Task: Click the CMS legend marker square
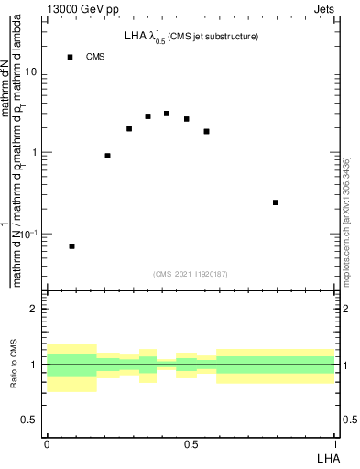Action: tap(71, 57)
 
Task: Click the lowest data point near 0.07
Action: tap(71, 246)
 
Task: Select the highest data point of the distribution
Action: tap(167, 114)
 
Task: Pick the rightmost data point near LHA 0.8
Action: tap(276, 202)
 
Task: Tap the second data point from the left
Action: tap(108, 156)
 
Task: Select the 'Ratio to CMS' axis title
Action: tap(14, 365)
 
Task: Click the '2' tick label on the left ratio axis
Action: tap(37, 309)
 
